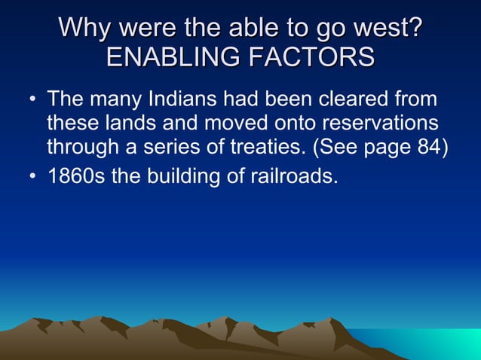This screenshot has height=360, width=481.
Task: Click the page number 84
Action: coord(427,146)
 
